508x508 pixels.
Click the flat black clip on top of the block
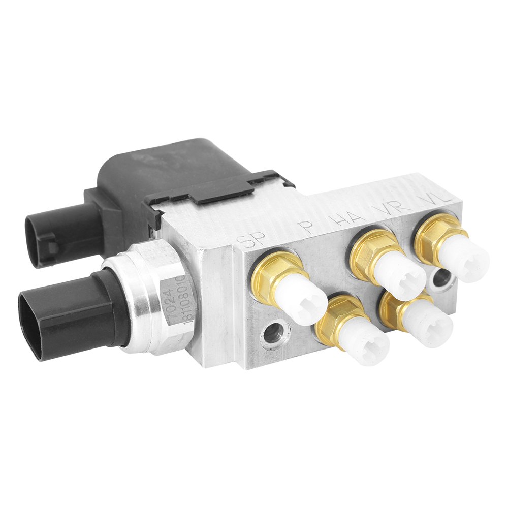[224, 190]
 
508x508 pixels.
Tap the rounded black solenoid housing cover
[152, 168]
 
